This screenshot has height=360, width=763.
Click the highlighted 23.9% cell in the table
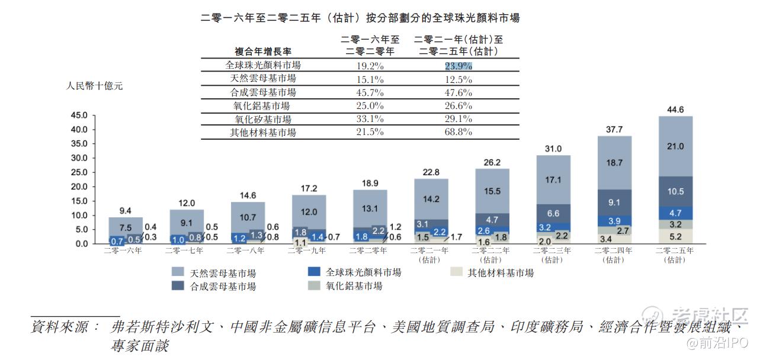tap(459, 66)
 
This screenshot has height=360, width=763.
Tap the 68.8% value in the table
tap(459, 132)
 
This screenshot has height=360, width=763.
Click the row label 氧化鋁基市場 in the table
tap(262, 106)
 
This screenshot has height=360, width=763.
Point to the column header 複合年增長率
tap(263, 52)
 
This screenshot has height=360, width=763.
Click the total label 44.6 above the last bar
tap(675, 110)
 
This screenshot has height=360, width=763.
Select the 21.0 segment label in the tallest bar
tap(675, 146)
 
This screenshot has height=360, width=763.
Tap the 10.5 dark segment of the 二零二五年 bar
tap(675, 191)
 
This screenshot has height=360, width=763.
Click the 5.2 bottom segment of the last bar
tap(675, 237)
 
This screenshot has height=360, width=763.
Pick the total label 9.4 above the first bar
tap(126, 210)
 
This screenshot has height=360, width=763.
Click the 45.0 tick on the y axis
tap(79, 115)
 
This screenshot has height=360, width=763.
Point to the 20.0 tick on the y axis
tap(79, 187)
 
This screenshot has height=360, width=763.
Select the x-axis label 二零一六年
tap(123, 250)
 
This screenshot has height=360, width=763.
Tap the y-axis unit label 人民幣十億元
tap(94, 86)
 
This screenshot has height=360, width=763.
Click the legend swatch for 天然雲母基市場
tap(177, 272)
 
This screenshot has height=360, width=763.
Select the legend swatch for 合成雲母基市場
tap(177, 285)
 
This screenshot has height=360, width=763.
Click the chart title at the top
tap(360, 18)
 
